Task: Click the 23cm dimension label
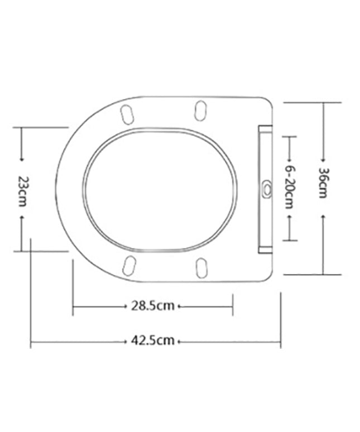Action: point(21,191)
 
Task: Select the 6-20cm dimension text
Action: point(289,187)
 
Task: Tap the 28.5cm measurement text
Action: point(153,306)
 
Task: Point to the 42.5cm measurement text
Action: point(153,340)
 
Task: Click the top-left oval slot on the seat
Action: point(127,114)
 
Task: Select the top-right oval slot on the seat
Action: point(200,111)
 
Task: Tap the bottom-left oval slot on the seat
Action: point(129,266)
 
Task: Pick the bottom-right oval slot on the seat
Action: point(201,268)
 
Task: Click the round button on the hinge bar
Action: point(267,189)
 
